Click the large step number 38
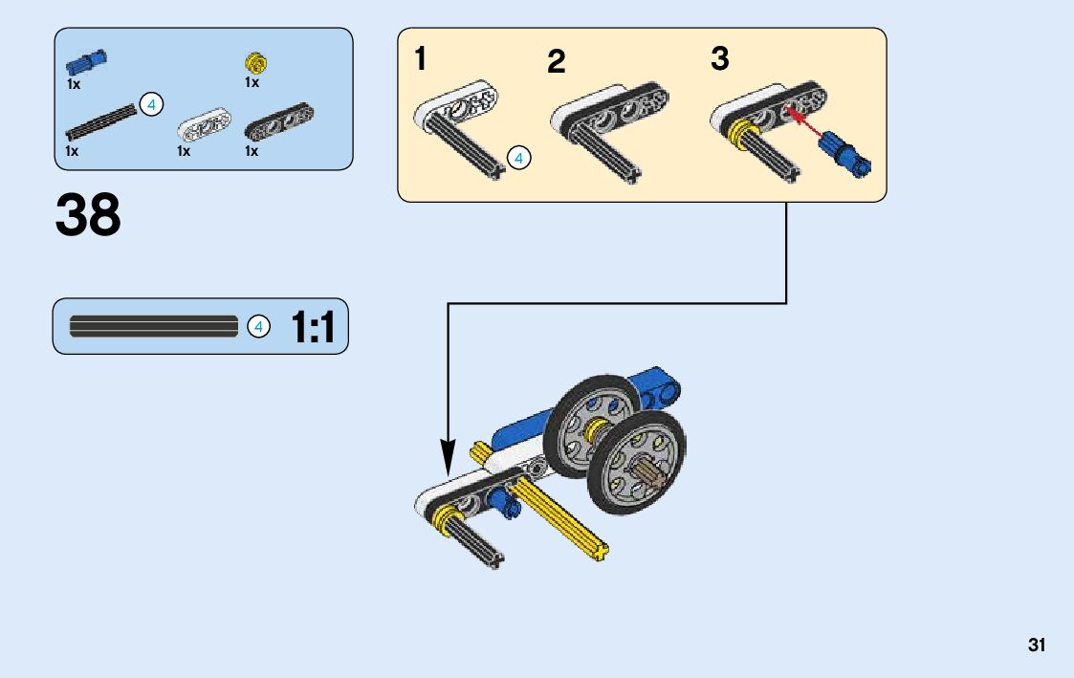point(88,215)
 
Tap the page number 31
point(1037,645)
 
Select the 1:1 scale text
point(313,328)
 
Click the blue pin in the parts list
point(86,62)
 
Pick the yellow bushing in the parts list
point(254,63)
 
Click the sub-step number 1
point(421,59)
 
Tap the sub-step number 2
point(557,62)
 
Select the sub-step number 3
point(719,59)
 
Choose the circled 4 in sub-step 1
point(518,158)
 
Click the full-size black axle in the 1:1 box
point(153,326)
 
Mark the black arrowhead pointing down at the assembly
point(448,456)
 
